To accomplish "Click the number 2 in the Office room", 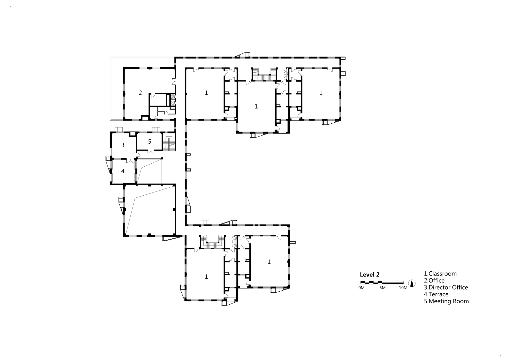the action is tap(140, 93).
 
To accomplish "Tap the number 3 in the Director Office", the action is tap(123, 145).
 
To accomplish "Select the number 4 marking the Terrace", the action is tap(123, 171).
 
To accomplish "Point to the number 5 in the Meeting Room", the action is tap(150, 142).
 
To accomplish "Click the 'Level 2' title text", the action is tap(370, 275).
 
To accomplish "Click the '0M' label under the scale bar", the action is tap(361, 288).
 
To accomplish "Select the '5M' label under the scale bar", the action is tap(382, 288).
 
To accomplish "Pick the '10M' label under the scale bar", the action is tap(403, 288).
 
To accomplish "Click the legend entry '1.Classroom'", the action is tap(440, 274).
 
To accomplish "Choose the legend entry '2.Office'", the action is tap(434, 281).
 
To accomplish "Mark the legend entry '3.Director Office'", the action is tap(446, 288).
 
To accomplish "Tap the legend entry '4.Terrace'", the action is tap(436, 294).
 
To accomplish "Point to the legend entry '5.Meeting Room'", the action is tap(446, 301).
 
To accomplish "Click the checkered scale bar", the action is tap(382, 283).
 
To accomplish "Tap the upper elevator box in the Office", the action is tap(173, 97).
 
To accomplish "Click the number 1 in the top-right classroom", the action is tap(321, 93).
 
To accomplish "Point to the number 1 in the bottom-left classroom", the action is tap(206, 277).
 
